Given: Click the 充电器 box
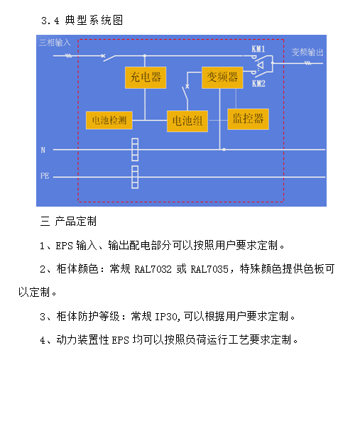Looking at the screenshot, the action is pos(146,77).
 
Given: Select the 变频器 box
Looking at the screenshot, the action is pos(222,77).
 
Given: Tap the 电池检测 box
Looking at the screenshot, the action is pos(109,120).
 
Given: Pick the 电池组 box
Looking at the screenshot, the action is pos(187,121).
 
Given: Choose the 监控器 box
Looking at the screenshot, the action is pos(248,119).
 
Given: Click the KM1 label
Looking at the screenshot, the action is pos(258,49).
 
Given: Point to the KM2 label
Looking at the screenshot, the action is pos(258,83).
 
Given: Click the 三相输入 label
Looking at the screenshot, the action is pos(55,43).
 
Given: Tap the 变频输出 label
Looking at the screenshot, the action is pos(307,52).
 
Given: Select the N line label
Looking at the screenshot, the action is pos(43,150).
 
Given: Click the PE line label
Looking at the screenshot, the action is pos(45,176).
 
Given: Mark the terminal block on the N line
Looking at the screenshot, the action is pos(135,150).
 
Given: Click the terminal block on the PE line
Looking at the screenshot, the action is pos(135,177).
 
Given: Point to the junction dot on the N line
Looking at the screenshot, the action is pos(224,150).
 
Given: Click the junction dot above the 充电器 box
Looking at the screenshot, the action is pos(145,56).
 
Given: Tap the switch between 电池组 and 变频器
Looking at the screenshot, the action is pos(185,93).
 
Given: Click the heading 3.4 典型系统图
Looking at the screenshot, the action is pos(82,21).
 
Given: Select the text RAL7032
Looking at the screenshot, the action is pos(153,269).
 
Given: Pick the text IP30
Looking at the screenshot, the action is pos(167,317).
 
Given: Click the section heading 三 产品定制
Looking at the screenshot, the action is pos(68,222).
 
